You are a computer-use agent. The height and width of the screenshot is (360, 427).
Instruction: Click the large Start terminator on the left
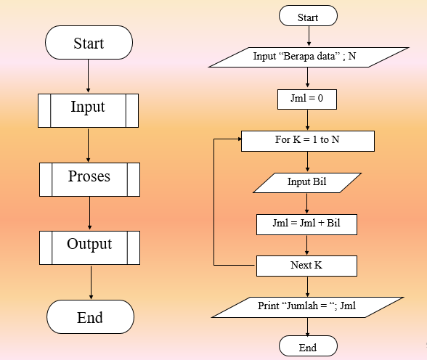[x=89, y=44]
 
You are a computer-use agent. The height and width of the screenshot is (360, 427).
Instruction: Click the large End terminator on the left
[x=90, y=317]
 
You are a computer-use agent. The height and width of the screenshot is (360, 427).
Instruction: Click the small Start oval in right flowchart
[x=308, y=17]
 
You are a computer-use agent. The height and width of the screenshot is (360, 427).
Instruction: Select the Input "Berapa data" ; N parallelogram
[x=309, y=57]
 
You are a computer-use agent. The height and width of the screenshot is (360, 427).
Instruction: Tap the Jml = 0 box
[x=307, y=99]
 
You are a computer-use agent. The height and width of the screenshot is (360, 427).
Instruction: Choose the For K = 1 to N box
[x=307, y=140]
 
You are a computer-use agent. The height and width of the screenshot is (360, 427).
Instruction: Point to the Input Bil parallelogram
[x=306, y=182]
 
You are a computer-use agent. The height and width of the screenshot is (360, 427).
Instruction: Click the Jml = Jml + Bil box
[x=307, y=224]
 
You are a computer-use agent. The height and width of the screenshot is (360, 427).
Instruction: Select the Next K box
[x=306, y=266]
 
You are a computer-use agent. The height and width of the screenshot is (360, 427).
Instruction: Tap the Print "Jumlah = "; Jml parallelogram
[x=307, y=307]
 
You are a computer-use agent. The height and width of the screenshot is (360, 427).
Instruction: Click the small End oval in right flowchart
[x=308, y=348]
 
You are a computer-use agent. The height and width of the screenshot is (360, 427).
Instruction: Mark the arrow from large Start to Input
[x=88, y=76]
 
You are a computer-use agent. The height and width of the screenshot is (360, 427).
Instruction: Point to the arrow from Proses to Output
[x=89, y=213]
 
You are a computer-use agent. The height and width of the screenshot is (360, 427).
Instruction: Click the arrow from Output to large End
[x=90, y=283]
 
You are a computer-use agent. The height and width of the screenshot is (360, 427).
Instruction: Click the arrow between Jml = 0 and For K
[x=308, y=120]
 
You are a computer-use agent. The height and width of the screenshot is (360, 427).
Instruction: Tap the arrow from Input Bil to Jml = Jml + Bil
[x=307, y=203]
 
